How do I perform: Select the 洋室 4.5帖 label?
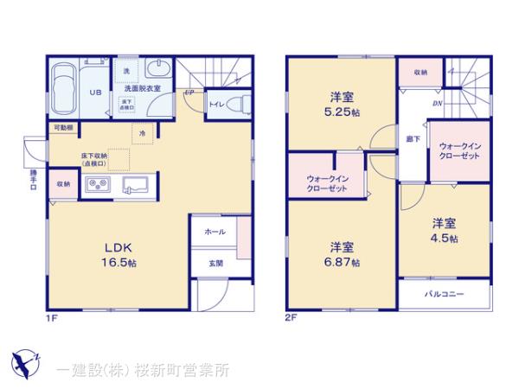445,230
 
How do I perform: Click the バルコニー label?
444,295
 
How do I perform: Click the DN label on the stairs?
439,104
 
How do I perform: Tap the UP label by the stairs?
189,92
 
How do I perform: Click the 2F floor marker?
292,317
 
